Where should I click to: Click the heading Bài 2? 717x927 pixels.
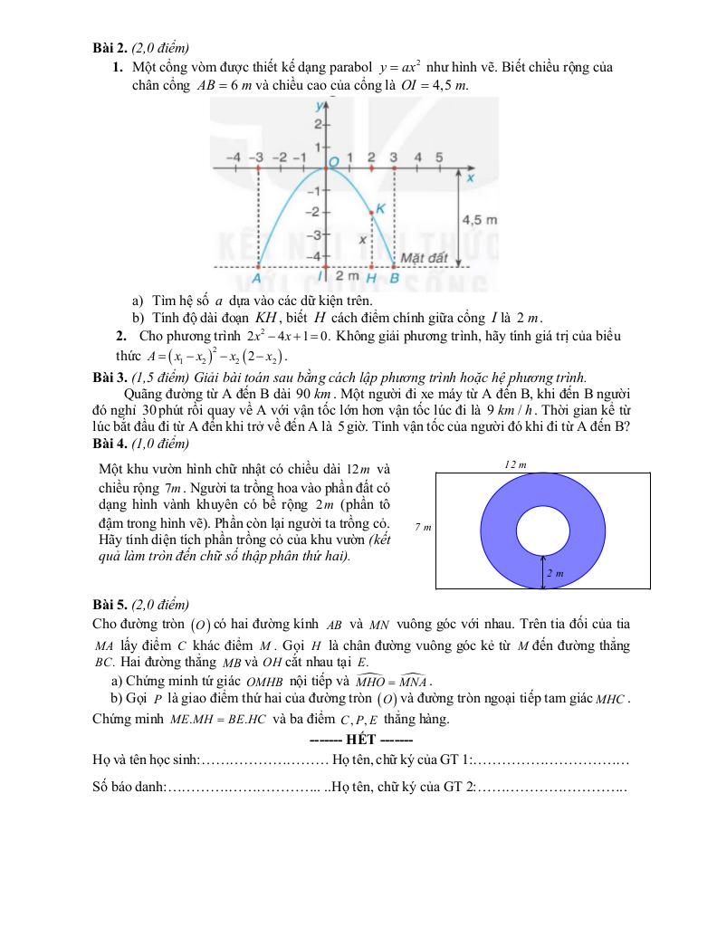pyautogui.click(x=110, y=48)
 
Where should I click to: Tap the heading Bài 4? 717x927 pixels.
pyautogui.click(x=110, y=444)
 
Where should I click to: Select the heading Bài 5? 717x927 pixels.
pyautogui.click(x=110, y=605)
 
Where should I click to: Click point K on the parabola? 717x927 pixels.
pyautogui.click(x=372, y=213)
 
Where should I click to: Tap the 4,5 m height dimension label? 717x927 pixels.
pyautogui.click(x=479, y=219)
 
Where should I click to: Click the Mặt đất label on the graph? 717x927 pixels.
pyautogui.click(x=426, y=258)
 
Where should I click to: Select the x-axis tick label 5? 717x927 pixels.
pyautogui.click(x=439, y=157)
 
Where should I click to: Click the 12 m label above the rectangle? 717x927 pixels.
pyautogui.click(x=515, y=463)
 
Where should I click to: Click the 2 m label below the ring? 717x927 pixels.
pyautogui.click(x=555, y=573)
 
